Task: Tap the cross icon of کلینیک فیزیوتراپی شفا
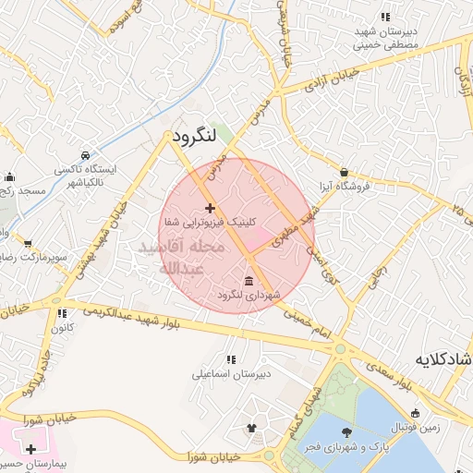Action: pos(211,208)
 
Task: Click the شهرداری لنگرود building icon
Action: pos(250,280)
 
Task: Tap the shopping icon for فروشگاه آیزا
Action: pos(345,172)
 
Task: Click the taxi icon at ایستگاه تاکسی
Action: pos(85,154)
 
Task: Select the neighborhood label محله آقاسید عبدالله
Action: pos(182,258)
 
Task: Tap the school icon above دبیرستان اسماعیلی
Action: pos(230,358)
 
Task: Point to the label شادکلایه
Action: pos(444,358)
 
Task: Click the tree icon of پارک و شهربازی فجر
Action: pos(346,432)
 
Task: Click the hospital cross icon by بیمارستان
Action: pos(30,448)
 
